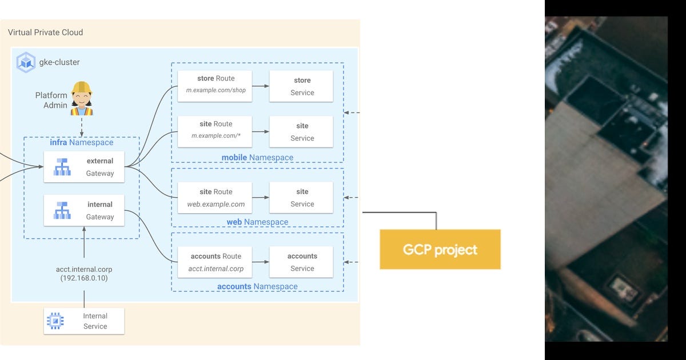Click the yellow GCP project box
pos(440,249)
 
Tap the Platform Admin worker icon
pos(82,98)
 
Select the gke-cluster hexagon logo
pos(26,62)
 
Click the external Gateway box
pos(84,167)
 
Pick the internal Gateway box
pos(84,210)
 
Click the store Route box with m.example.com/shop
pos(214,86)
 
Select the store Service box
pos(301,86)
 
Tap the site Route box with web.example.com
pos(214,198)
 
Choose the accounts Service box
pos(301,262)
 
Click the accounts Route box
pos(214,262)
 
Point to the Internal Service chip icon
pos(55,321)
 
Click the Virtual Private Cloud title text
pos(45,32)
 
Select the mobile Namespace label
pos(257,157)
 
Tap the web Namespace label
pos(257,222)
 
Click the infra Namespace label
pos(81,142)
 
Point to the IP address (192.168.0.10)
pos(84,278)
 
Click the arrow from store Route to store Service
pos(261,86)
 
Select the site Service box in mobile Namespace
pos(301,131)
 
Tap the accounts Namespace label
pos(257,286)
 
